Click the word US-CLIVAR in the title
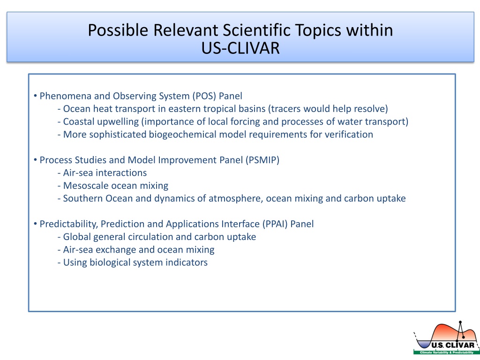tap(240, 48)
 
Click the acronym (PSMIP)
tap(262, 160)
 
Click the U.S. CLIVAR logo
tap(446, 338)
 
